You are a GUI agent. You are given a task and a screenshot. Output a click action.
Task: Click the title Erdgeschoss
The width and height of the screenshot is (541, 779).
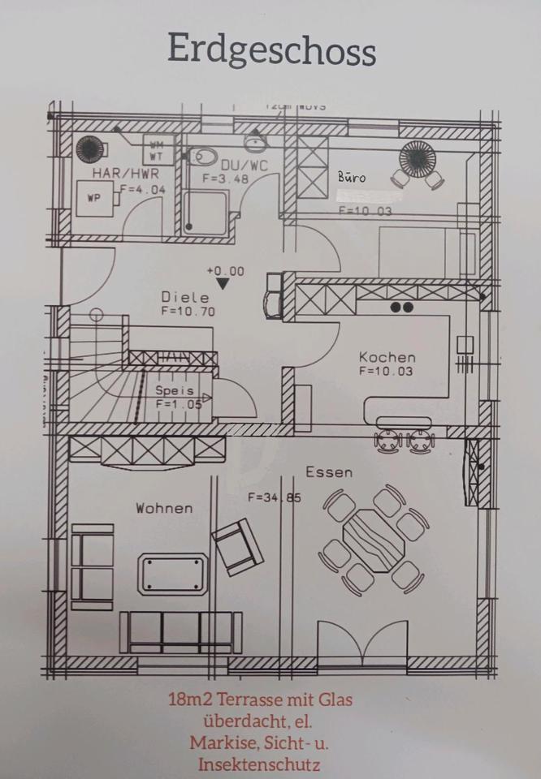(x=271, y=50)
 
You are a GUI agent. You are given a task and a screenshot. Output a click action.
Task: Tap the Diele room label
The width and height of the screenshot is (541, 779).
(x=184, y=297)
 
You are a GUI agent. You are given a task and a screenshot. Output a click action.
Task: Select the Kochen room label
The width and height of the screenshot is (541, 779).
(x=387, y=357)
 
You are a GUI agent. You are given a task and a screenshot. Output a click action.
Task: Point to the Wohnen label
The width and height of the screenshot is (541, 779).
(x=164, y=508)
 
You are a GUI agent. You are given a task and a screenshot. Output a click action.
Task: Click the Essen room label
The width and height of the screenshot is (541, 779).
(x=329, y=472)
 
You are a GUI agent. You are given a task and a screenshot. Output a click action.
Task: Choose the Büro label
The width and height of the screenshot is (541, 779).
(x=353, y=176)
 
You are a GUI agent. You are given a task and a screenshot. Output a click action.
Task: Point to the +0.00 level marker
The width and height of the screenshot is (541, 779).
(x=224, y=271)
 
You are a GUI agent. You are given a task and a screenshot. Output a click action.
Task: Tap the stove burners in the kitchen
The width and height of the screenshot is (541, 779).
(x=402, y=308)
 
